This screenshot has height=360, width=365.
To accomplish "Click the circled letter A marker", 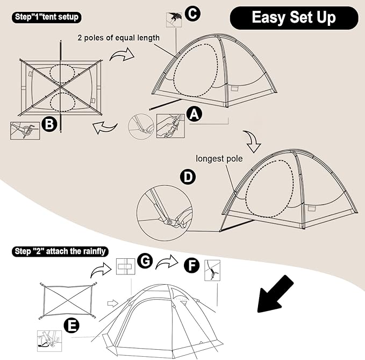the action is (x=195, y=114).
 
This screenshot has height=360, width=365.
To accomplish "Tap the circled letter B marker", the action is (x=49, y=124).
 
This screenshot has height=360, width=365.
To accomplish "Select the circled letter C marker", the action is (x=192, y=14).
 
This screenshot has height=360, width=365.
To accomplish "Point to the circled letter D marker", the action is (x=188, y=177).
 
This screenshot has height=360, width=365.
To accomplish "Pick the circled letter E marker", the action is (x=71, y=326).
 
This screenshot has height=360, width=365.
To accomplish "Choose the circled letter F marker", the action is (x=191, y=265).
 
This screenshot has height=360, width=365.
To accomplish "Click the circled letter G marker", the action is (x=145, y=260).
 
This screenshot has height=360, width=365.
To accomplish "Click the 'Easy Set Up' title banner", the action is (x=294, y=18).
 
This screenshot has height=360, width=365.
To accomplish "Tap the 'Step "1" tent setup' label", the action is (x=47, y=17).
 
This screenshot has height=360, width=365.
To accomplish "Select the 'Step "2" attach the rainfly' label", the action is (x=60, y=251).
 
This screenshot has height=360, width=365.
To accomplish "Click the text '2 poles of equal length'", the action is (x=119, y=38).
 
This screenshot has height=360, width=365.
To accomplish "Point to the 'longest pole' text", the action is (x=219, y=159).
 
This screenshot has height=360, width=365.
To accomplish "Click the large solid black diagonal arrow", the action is (x=275, y=294).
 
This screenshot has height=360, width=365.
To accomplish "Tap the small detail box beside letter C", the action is (x=174, y=19).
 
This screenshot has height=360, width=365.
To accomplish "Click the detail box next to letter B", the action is (x=25, y=131).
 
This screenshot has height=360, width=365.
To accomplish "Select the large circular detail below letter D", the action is (x=164, y=213).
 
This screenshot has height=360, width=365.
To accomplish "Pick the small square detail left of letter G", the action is (x=125, y=266).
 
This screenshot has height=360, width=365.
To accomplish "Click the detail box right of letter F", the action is (x=212, y=270).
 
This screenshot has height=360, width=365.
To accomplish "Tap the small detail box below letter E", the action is (x=49, y=341).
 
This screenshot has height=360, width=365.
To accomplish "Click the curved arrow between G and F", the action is (x=167, y=262).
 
